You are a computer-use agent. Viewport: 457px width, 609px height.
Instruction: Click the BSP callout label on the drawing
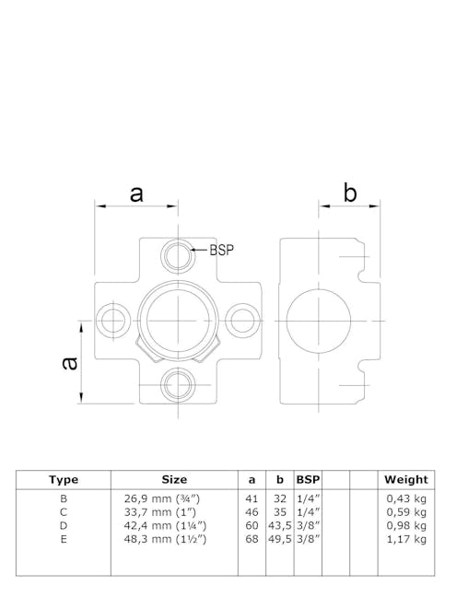pyautogui.click(x=222, y=250)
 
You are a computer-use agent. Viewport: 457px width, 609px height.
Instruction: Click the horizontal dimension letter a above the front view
pyautogui.click(x=136, y=193)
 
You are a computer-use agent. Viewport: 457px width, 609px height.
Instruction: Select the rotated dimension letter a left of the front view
pyautogui.click(x=68, y=362)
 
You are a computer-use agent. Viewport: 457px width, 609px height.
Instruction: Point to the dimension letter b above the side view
pyautogui.click(x=349, y=193)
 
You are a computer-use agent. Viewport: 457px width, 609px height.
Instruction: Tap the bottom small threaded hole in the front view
pyautogui.click(x=176, y=382)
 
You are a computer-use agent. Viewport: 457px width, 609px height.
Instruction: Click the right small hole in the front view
pyautogui.click(x=241, y=320)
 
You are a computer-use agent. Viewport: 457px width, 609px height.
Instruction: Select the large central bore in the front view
pyautogui.click(x=176, y=318)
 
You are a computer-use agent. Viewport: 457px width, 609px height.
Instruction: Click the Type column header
pyautogui.click(x=64, y=479)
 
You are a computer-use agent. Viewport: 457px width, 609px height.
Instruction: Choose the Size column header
pyautogui.click(x=174, y=479)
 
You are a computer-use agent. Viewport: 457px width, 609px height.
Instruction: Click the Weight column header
pyautogui.click(x=405, y=479)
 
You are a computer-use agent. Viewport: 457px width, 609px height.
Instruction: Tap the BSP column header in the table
pyautogui.click(x=307, y=479)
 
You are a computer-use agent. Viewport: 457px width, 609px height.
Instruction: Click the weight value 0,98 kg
pyautogui.click(x=406, y=525)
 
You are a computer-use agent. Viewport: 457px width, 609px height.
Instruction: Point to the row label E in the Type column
pyautogui.click(x=64, y=539)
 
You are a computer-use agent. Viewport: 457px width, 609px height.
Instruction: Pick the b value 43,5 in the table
pyautogui.click(x=280, y=525)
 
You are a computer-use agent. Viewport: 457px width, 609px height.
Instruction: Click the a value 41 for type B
pyautogui.click(x=252, y=498)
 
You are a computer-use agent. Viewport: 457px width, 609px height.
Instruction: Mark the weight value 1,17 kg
pyautogui.click(x=406, y=539)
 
